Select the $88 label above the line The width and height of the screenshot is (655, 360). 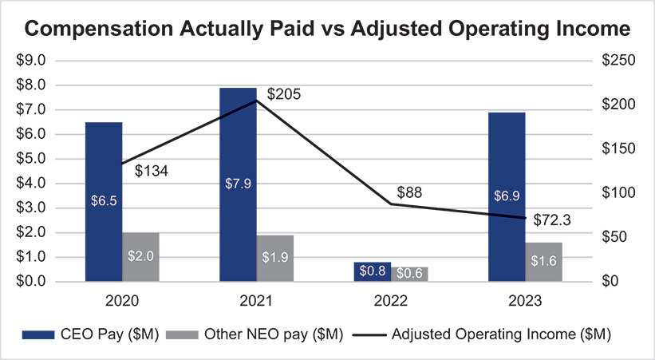tap(409, 192)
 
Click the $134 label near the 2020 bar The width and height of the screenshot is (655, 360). tap(150, 171)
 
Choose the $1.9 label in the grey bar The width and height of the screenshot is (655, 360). tap(275, 257)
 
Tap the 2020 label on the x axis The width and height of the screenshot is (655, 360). tap(121, 301)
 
